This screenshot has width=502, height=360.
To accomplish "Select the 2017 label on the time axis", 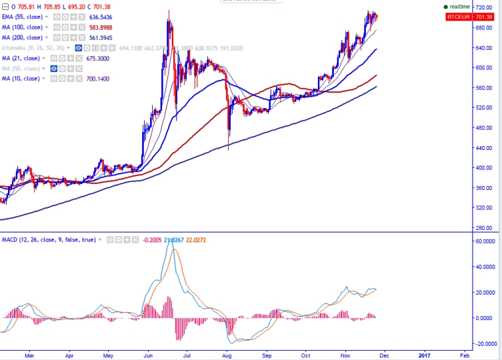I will pyautogui.click(x=425, y=356).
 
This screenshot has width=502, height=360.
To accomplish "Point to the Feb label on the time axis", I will pyautogui.click(x=463, y=356).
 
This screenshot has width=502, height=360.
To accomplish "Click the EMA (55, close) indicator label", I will pyautogui.click(x=22, y=17).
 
